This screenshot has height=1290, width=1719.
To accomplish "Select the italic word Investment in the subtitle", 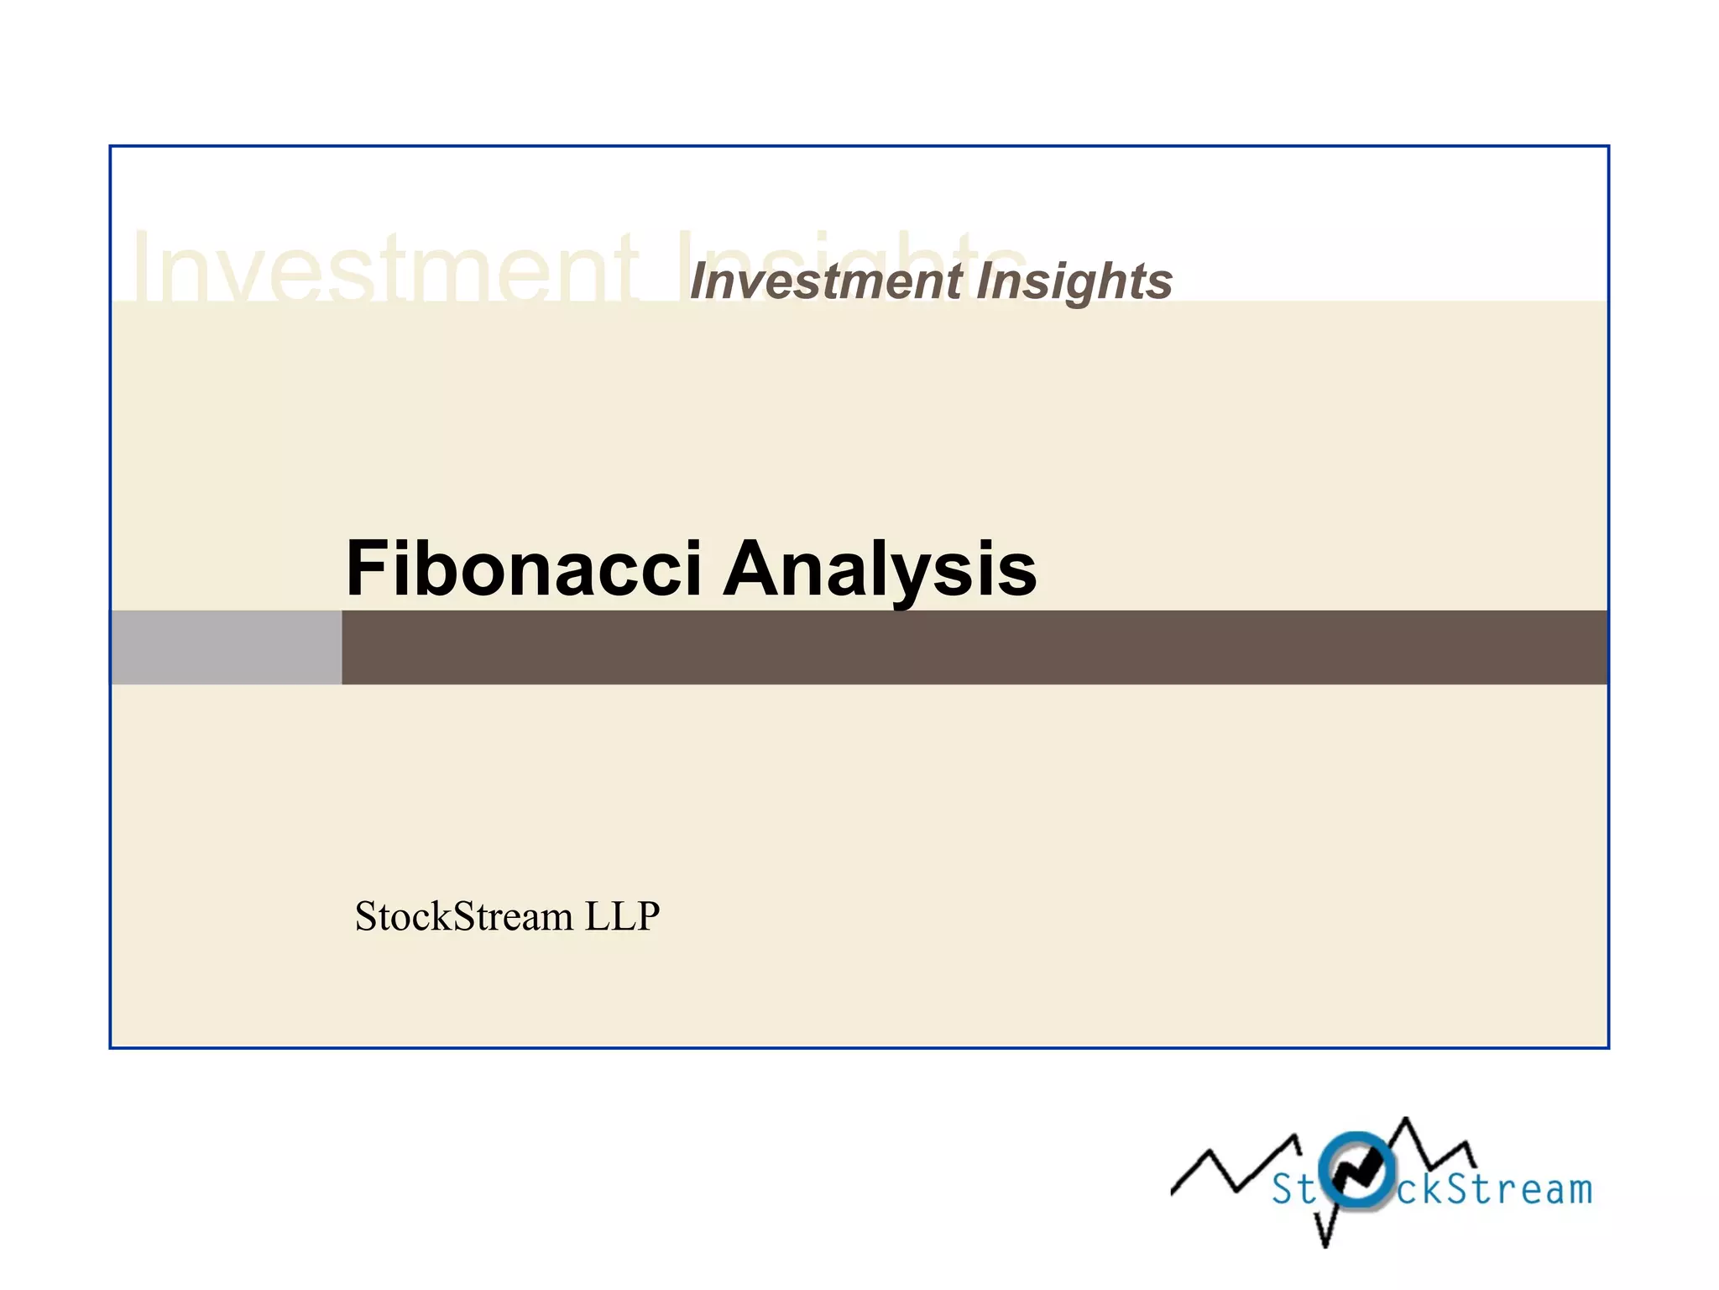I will pos(826,281).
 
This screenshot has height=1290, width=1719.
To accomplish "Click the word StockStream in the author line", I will pos(464,915).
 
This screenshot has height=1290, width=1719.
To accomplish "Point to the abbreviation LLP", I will pos(622,915).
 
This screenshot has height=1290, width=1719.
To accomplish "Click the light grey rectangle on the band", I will pos(226,648).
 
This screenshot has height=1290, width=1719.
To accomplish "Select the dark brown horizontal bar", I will pos(974,648).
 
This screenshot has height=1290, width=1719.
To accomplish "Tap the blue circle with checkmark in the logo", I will pos(1356,1169).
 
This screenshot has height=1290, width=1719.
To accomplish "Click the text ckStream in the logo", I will pos(1494,1189).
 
